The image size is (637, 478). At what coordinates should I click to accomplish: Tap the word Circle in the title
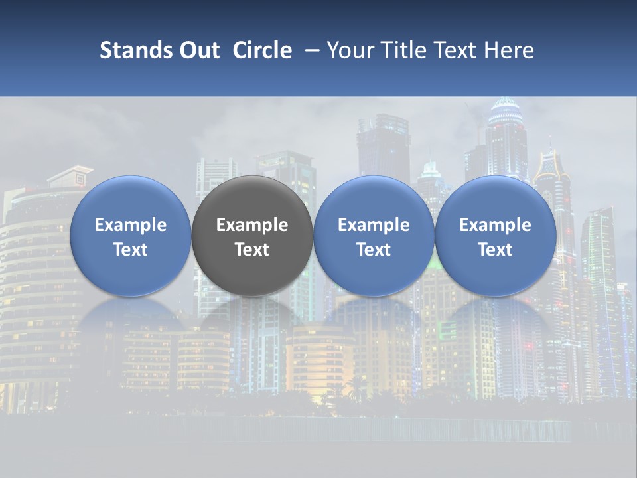pyautogui.click(x=262, y=50)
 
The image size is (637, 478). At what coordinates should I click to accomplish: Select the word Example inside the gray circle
pyautogui.click(x=252, y=225)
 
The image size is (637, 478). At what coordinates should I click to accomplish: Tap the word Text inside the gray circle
pyautogui.click(x=252, y=250)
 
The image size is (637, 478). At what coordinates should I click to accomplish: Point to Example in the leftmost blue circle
pyautogui.click(x=130, y=225)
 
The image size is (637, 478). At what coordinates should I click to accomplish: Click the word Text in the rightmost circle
pyautogui.click(x=495, y=250)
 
